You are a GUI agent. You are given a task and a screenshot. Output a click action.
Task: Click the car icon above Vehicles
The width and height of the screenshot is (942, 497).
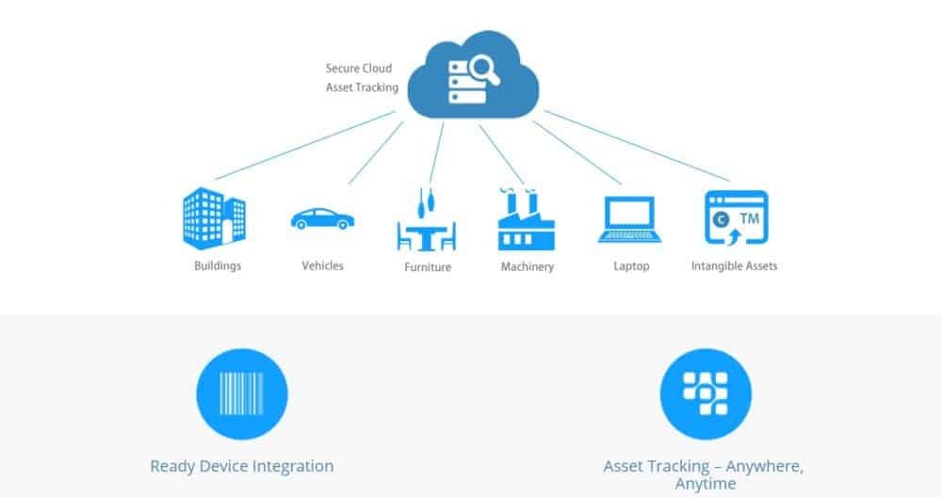coord(322,218)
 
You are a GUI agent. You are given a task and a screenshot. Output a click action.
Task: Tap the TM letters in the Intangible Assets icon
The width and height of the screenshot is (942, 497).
coord(750,217)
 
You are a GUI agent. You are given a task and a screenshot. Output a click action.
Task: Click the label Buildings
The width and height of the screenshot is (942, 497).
coord(218,265)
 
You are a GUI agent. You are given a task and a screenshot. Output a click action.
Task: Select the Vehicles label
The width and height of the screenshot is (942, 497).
coord(322,265)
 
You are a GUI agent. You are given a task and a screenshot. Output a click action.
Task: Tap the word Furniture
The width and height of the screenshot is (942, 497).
coord(428,267)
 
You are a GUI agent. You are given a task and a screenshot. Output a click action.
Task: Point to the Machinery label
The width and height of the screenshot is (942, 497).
coord(528,267)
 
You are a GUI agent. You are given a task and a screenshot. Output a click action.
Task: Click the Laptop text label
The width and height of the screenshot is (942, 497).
coord(631,266)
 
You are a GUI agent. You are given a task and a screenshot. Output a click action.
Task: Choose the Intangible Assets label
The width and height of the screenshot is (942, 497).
coord(734,266)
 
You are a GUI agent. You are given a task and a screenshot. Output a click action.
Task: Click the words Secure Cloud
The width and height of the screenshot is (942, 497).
coord(358,69)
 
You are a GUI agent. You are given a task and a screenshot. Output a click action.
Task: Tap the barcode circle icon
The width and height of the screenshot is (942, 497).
coord(241,393)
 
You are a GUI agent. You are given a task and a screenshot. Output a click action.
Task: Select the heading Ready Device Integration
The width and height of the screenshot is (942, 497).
coord(241,466)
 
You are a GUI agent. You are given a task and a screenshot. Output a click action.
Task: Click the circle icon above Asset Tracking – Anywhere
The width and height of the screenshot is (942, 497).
coord(706,393)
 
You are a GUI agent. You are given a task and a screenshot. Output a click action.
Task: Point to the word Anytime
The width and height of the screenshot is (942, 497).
coord(706,484)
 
